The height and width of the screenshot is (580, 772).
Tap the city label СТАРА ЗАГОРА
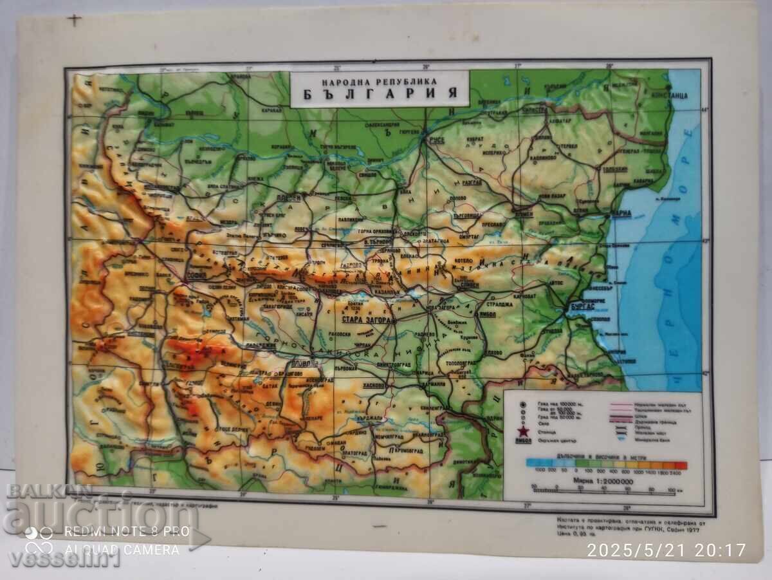(363, 317)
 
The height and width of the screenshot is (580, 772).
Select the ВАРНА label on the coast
(620, 214)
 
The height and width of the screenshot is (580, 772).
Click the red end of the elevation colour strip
(681, 465)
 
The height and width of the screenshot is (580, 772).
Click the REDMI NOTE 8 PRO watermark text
(127, 532)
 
